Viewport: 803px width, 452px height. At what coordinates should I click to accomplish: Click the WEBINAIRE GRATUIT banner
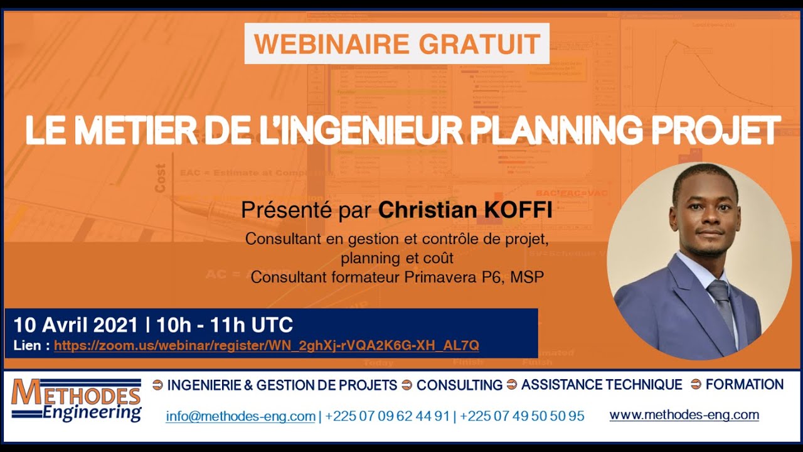pos(397,44)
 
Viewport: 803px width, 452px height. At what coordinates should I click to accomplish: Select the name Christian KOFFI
pos(465,210)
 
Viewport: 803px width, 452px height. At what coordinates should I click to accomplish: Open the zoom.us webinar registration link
pos(266,345)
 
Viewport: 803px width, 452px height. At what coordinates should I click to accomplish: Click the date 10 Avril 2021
pos(75,325)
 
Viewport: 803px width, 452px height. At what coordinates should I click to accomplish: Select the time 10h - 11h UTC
pos(225,325)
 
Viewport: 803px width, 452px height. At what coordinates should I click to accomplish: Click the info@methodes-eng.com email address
pos(240,416)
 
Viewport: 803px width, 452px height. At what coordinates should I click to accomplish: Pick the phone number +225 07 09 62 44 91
pos(388,416)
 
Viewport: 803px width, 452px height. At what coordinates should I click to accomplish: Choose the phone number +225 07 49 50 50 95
pos(522,416)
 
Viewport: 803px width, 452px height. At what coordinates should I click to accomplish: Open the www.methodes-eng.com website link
pos(684,415)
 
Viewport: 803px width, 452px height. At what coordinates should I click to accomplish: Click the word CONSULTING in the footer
pos(459,385)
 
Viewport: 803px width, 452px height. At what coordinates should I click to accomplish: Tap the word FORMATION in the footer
pos(745,384)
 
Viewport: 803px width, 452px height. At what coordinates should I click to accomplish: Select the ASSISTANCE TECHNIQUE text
pos(601,384)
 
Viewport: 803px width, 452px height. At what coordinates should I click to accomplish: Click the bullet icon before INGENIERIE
pos(157,385)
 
